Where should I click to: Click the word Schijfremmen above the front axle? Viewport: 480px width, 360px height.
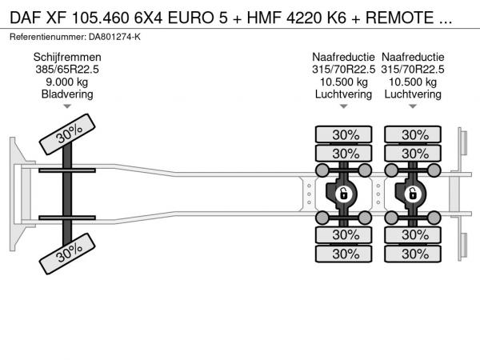67,58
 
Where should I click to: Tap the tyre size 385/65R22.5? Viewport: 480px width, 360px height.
67,70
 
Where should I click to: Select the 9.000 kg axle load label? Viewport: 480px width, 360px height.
67,82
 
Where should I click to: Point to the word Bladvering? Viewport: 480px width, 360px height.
67,94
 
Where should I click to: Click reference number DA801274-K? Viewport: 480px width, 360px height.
114,37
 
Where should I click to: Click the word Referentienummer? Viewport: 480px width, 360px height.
48,37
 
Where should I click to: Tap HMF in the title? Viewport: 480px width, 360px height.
264,18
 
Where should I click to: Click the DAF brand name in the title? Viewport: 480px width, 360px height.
26,18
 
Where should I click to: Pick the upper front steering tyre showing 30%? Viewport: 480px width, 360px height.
67,134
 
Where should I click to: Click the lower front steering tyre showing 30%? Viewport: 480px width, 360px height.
67,254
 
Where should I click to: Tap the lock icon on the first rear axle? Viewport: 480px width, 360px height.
344,194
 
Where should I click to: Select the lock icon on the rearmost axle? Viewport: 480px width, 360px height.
413,194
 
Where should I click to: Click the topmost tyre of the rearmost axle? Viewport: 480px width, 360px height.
413,134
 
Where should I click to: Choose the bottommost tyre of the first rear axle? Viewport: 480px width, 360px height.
344,254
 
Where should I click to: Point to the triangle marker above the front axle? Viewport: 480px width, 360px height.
67,106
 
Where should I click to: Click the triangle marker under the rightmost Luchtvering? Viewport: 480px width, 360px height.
413,106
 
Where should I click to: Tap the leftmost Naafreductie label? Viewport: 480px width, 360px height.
343,58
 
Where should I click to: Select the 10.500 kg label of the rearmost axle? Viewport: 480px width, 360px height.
413,82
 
